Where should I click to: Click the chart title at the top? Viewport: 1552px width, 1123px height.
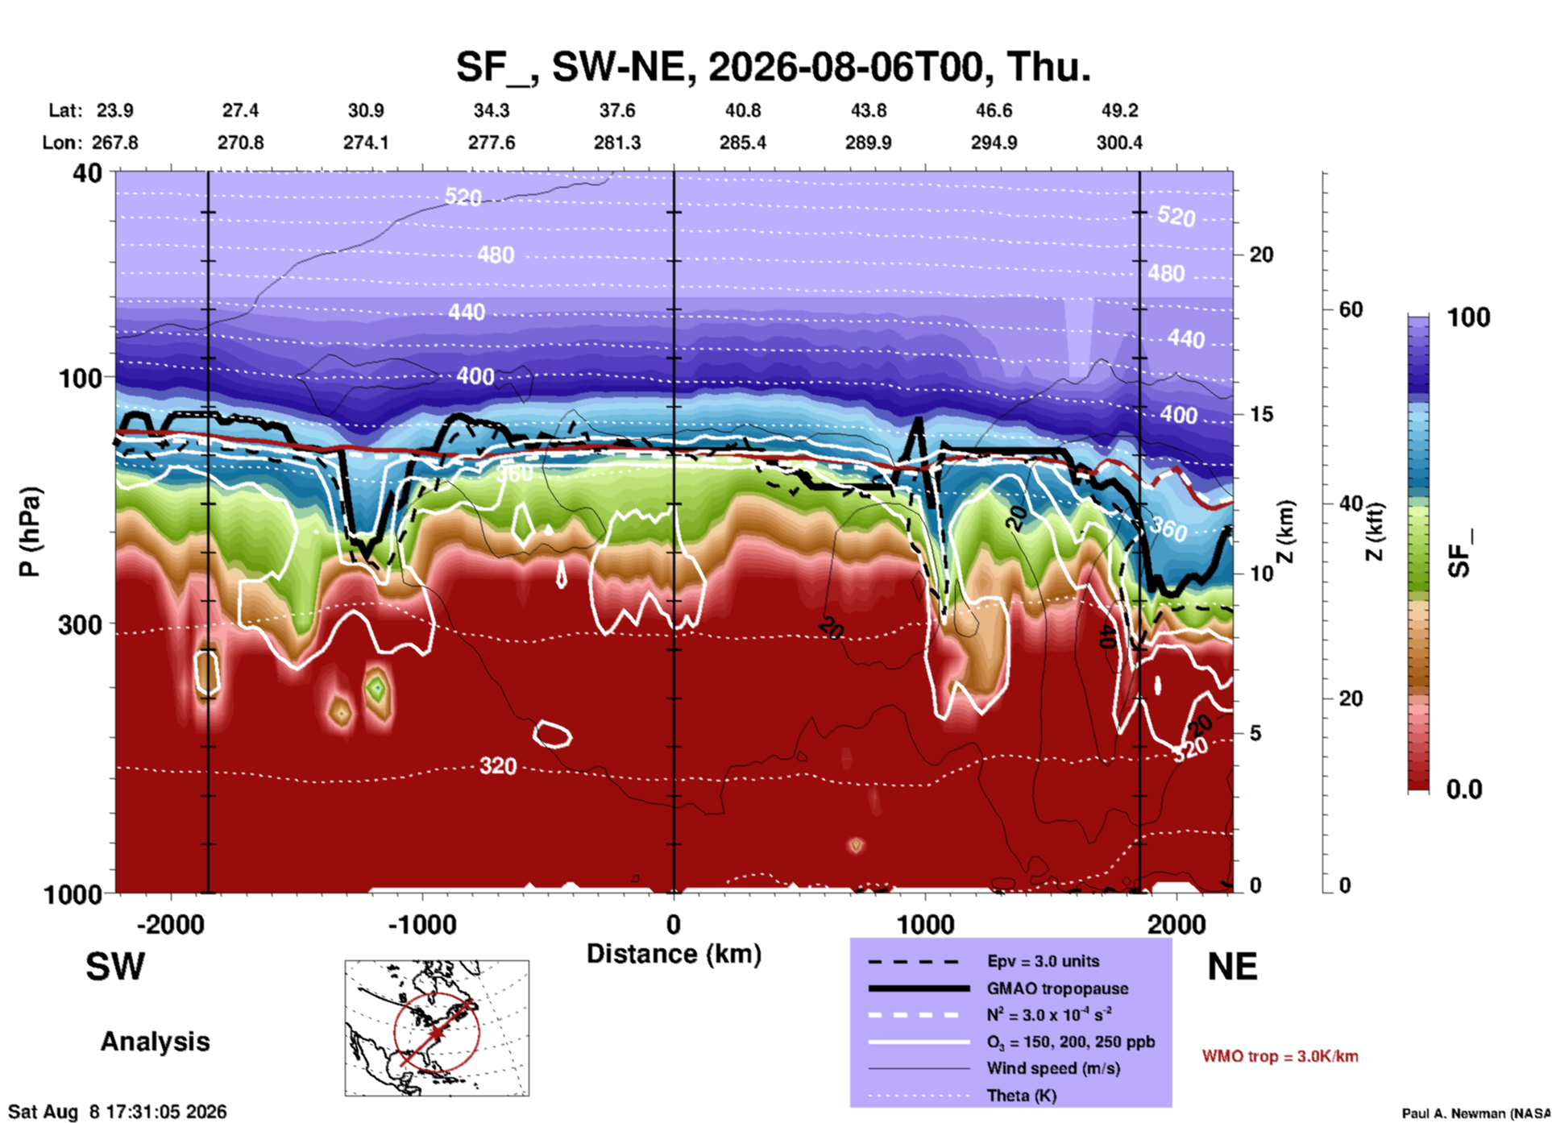pyautogui.click(x=773, y=67)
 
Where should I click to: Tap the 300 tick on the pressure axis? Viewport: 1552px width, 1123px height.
pyautogui.click(x=80, y=624)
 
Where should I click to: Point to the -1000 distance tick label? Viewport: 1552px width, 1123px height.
pyautogui.click(x=422, y=924)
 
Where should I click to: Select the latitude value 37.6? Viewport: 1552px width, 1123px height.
pyautogui.click(x=617, y=110)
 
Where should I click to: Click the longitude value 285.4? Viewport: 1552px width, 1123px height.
pyautogui.click(x=743, y=143)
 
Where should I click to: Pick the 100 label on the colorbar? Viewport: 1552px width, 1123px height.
pyautogui.click(x=1469, y=317)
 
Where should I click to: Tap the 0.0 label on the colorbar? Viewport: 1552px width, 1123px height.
pyautogui.click(x=1464, y=789)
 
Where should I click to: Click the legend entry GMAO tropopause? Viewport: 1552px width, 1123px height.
pyautogui.click(x=1057, y=988)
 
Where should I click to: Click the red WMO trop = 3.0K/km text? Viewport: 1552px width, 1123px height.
pyautogui.click(x=1280, y=1056)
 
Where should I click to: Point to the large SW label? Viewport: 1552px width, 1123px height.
pyautogui.click(x=115, y=967)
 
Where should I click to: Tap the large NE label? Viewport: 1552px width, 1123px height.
pyautogui.click(x=1232, y=967)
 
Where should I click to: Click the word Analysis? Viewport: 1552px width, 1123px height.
pyautogui.click(x=155, y=1042)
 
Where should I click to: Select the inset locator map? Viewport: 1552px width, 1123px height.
pyautogui.click(x=437, y=1028)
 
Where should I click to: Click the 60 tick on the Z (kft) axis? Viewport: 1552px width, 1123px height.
pyautogui.click(x=1350, y=309)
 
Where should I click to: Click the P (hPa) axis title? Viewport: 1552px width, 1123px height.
pyautogui.click(x=30, y=532)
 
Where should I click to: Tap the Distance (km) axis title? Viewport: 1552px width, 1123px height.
pyautogui.click(x=674, y=954)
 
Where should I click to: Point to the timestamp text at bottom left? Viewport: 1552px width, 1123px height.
pyautogui.click(x=118, y=1112)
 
